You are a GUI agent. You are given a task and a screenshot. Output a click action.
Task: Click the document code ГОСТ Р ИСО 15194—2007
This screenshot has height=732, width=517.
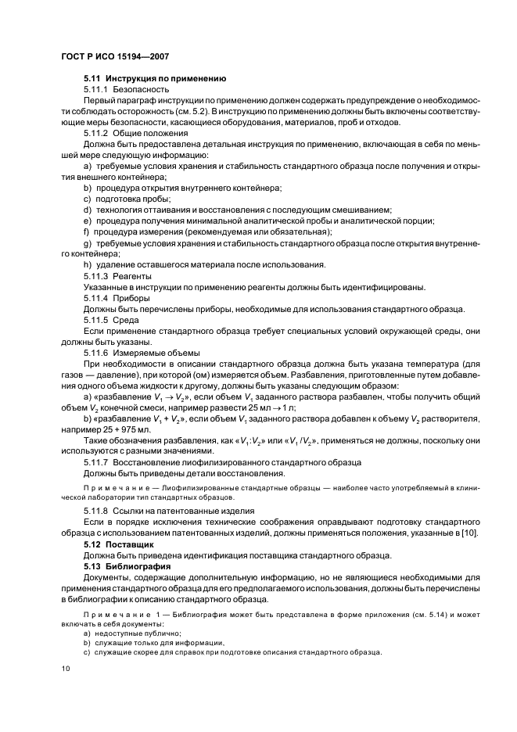click(115, 58)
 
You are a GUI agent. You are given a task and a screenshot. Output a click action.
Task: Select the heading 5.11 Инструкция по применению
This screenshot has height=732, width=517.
click(155, 79)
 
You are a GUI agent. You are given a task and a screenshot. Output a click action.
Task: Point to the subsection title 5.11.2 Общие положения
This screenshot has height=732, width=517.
click(135, 134)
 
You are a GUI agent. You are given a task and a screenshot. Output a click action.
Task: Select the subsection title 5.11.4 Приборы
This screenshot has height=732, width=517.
click(117, 298)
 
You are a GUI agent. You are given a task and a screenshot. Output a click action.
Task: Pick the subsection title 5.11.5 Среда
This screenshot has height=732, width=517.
click(112, 320)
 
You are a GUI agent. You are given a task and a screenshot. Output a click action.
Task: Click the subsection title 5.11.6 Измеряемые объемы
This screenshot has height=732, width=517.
click(142, 353)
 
